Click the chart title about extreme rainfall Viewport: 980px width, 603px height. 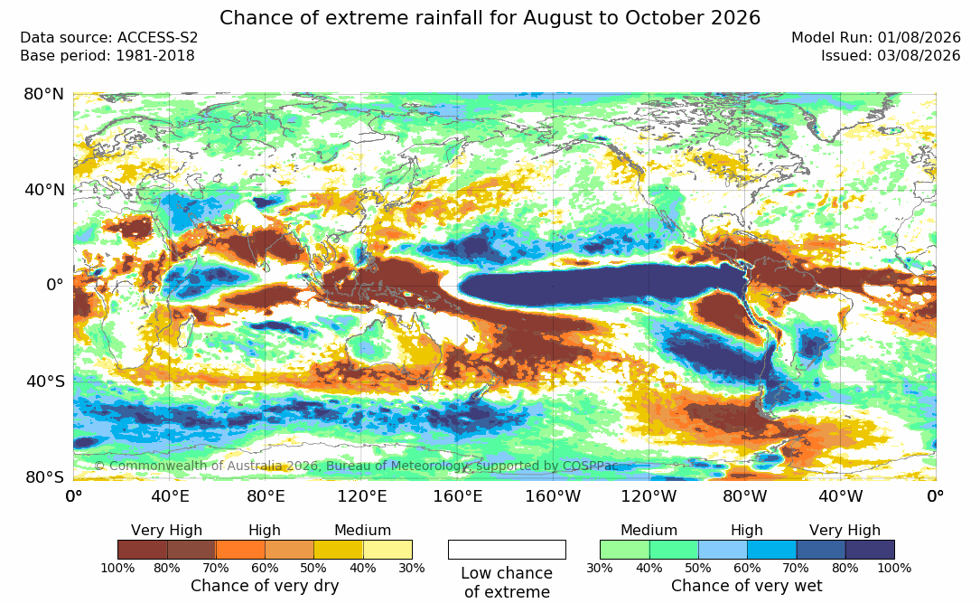coord(490,17)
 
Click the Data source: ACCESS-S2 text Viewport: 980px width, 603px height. coord(108,38)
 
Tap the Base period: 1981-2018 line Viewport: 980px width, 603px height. coord(107,56)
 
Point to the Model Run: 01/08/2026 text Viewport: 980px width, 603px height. coord(875,38)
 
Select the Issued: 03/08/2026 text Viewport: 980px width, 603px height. coord(891,56)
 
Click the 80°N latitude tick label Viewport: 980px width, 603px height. coord(43,94)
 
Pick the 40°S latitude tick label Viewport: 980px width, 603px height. coord(44,381)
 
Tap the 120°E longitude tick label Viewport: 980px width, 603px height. coord(362,496)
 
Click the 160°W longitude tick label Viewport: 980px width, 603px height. coord(553,496)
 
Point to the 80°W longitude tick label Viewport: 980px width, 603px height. coord(744,496)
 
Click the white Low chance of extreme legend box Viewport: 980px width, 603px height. coord(507,550)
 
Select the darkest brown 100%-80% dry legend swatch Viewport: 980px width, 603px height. coord(143,550)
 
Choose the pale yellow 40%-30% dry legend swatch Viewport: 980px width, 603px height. coord(387,550)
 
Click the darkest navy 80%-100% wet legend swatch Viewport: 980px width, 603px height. coord(870,550)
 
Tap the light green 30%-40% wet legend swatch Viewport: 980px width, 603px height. coord(625,550)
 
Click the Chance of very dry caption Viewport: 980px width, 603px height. coord(265,586)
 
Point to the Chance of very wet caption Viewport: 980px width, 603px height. coord(747,586)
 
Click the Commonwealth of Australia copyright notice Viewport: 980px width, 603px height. coord(356,466)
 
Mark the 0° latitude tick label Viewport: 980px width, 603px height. coord(55,285)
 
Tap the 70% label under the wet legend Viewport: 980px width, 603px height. coord(797,568)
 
